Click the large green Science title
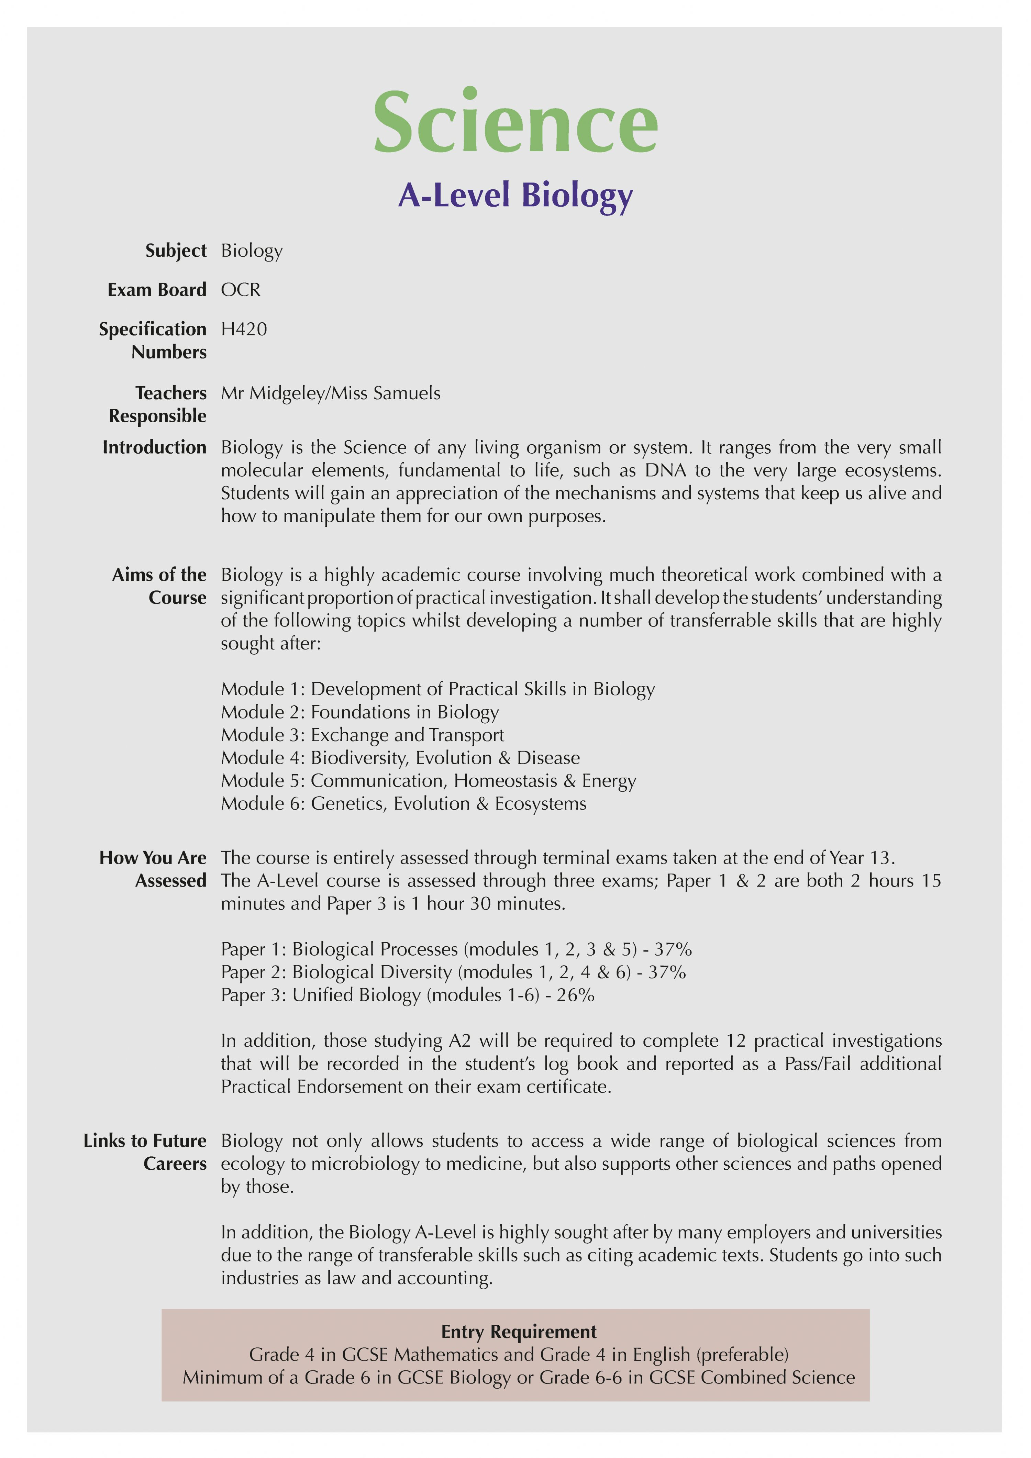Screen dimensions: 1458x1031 pos(515,122)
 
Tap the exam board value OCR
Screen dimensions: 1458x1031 pos(241,290)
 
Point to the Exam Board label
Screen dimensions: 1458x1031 pos(157,290)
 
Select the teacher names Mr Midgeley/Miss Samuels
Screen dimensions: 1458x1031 pos(330,394)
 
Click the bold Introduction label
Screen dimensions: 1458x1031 pos(154,448)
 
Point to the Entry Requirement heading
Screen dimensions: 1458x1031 pos(518,1332)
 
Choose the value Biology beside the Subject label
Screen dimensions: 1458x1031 pos(252,251)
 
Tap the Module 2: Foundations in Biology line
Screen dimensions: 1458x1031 pos(359,712)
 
